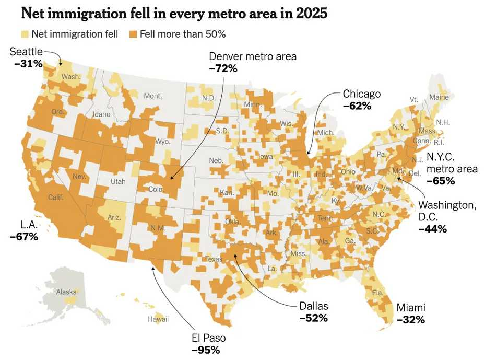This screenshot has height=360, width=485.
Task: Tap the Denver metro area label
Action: point(253,56)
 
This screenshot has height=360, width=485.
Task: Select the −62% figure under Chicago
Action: point(357,106)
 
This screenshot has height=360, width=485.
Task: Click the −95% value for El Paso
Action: point(206,350)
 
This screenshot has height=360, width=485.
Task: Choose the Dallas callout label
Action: point(314,306)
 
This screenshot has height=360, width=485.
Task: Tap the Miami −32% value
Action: point(411,319)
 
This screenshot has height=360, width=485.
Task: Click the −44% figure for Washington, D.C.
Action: point(433,229)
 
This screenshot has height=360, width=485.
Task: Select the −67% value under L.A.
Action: point(24,236)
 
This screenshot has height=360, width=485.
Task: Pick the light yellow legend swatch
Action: point(25,34)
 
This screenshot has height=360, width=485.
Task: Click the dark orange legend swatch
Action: point(133,34)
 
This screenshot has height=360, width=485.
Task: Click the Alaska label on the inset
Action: point(66,292)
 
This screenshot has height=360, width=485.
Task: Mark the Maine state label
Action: point(439,97)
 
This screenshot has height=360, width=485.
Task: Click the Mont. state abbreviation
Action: point(153,96)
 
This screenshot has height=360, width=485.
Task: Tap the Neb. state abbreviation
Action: point(217,160)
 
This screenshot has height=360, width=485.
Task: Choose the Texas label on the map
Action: point(214,259)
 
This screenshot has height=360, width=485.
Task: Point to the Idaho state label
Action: point(101,114)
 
